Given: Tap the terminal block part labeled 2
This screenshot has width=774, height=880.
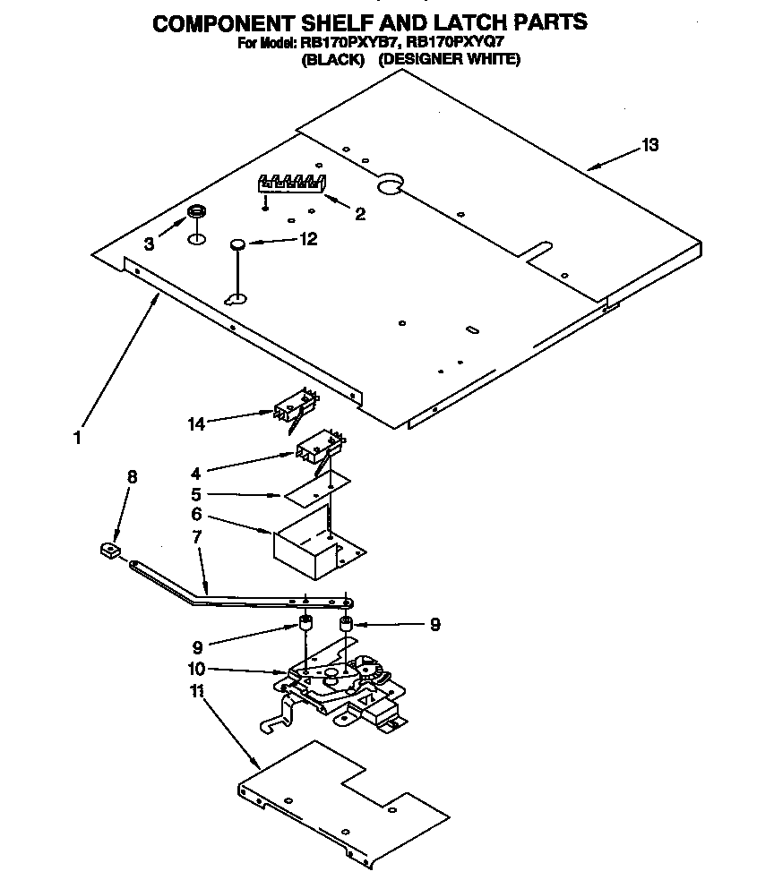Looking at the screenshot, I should [x=292, y=183].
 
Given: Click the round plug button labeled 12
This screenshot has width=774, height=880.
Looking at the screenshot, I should [x=236, y=243].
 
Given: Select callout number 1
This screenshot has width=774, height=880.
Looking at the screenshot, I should [x=78, y=438].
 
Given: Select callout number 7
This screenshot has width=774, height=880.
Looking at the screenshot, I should [x=196, y=537].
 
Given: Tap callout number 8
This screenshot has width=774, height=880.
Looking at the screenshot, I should [x=132, y=477].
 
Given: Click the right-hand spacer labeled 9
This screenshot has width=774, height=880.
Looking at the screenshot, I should [x=345, y=623].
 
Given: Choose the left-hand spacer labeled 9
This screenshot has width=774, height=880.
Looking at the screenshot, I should [x=304, y=624].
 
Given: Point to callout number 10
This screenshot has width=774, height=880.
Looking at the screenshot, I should [x=196, y=668].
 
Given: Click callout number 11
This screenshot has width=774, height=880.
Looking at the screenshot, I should [x=197, y=691].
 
